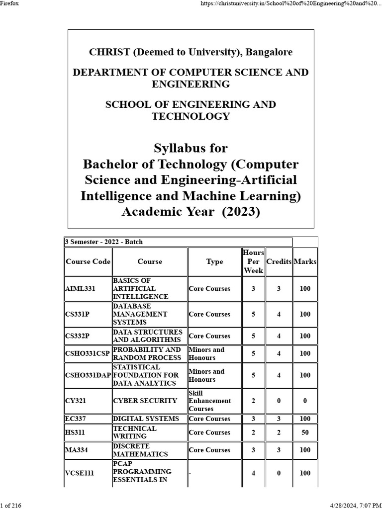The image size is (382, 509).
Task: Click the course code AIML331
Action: tap(80, 288)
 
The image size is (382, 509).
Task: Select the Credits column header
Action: tap(279, 261)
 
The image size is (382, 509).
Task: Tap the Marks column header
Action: tap(305, 261)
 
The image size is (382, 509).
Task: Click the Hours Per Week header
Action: tap(253, 261)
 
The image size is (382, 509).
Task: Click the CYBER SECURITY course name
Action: tap(145, 401)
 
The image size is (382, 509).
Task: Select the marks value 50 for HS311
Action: tap(305, 432)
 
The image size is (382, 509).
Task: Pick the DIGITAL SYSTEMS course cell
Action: tap(146, 419)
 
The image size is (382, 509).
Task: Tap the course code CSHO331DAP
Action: tap(88, 375)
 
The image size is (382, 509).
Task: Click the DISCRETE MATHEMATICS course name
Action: tap(140, 450)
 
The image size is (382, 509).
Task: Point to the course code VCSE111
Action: tap(80, 473)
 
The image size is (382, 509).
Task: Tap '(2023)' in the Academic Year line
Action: tap(241, 212)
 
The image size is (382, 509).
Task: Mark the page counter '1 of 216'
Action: tap(11, 506)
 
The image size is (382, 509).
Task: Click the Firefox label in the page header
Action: tap(9, 3)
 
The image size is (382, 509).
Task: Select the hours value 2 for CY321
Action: tap(253, 401)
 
